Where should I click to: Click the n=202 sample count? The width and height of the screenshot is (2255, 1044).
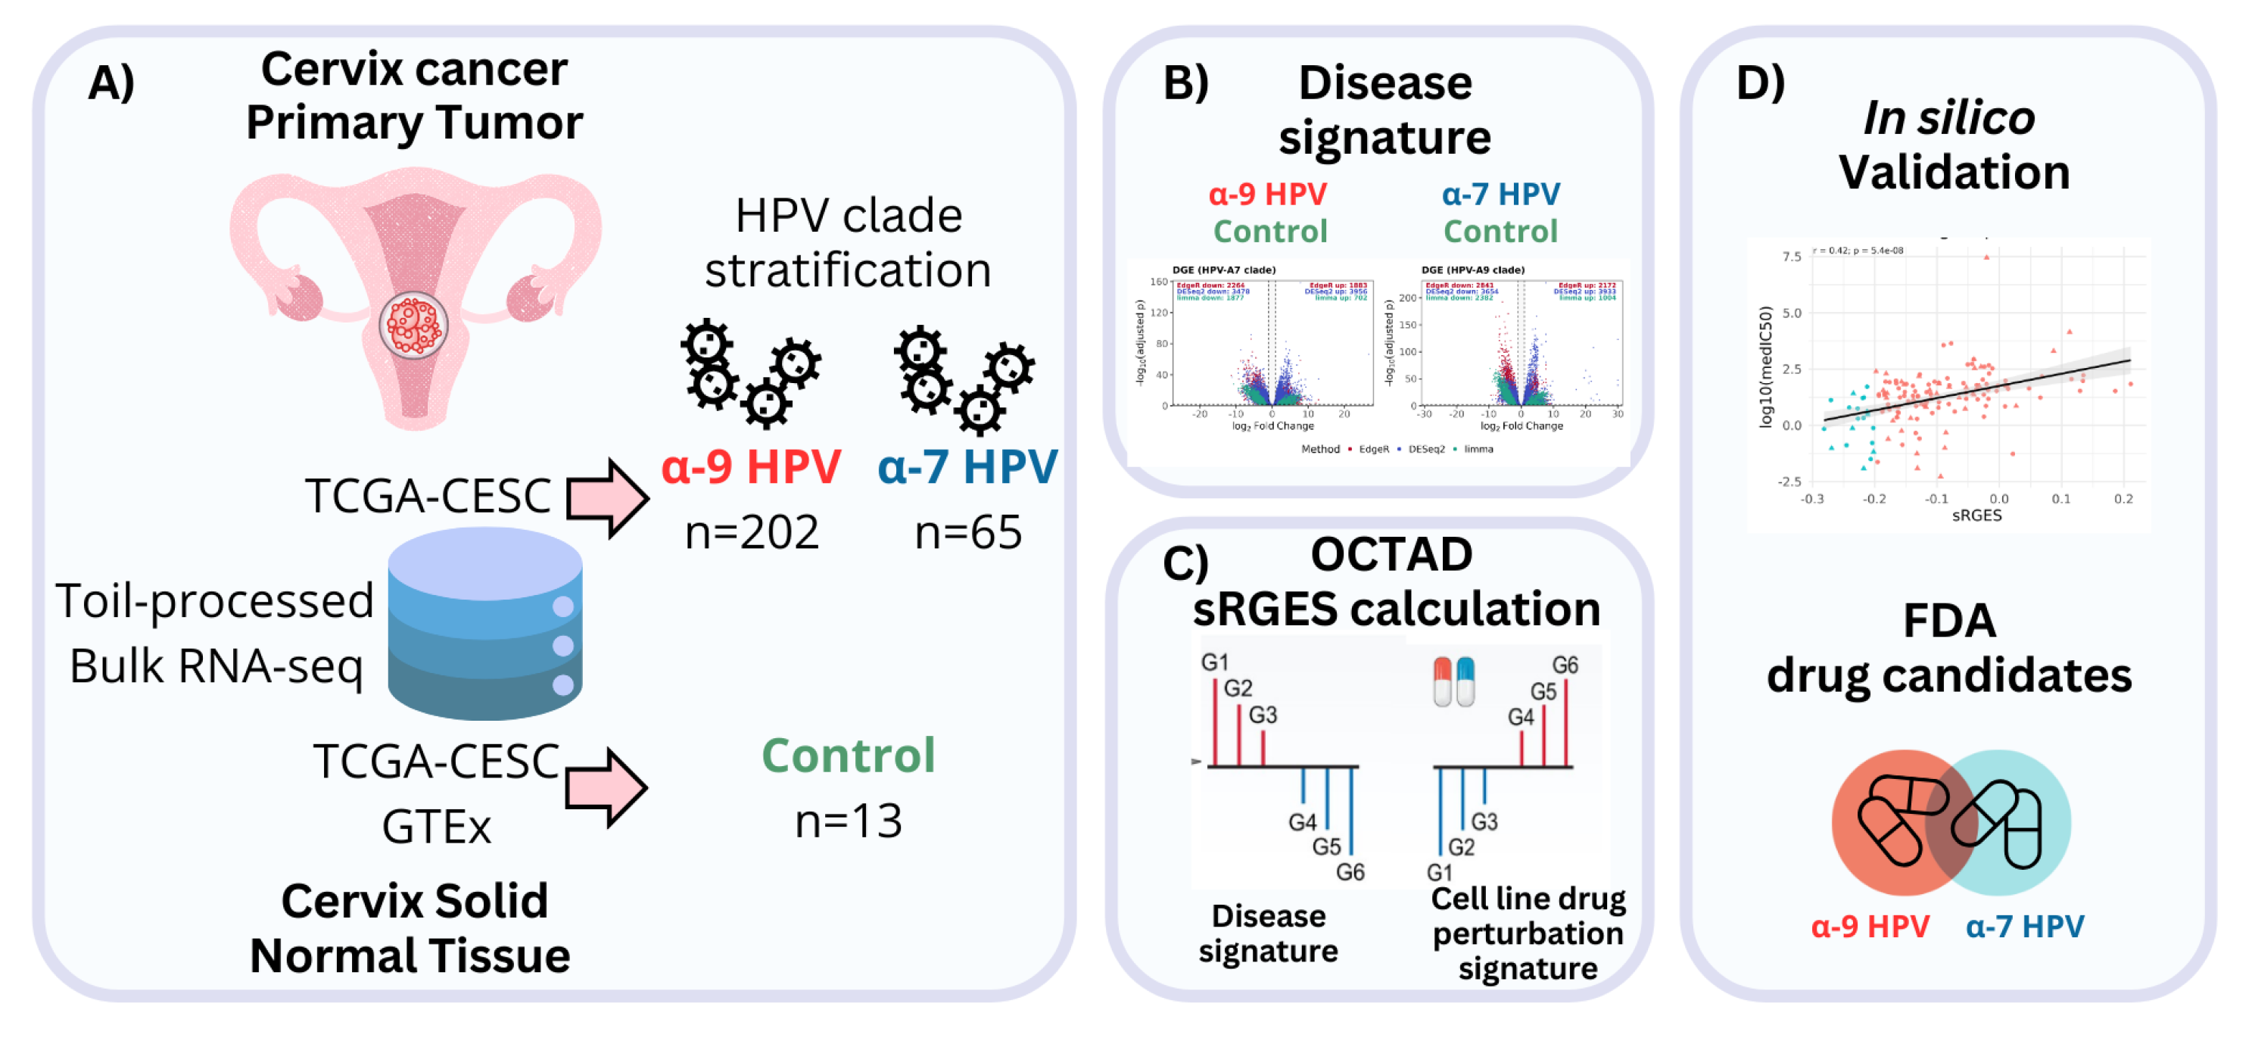(x=751, y=531)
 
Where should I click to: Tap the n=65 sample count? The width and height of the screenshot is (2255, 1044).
(x=967, y=531)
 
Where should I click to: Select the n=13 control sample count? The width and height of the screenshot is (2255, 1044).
(x=847, y=821)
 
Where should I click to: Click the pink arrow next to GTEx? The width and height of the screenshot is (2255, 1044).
(x=606, y=787)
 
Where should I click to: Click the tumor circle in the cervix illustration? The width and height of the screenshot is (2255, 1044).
(x=413, y=325)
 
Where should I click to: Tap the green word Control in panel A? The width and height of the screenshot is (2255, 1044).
(x=847, y=755)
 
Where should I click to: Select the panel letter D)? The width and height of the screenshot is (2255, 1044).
(x=1758, y=83)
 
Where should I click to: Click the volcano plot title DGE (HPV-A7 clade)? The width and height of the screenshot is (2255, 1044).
(x=1223, y=270)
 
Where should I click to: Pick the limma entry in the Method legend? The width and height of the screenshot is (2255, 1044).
(x=1478, y=449)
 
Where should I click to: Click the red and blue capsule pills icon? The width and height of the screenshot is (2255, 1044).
(x=1454, y=681)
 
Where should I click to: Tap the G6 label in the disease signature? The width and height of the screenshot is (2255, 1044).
(x=1350, y=871)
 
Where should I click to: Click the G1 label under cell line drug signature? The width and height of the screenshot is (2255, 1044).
(x=1439, y=872)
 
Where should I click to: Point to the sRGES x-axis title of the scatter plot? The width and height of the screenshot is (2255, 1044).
(x=1976, y=516)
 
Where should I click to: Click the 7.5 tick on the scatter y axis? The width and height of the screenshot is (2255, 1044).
(x=1791, y=257)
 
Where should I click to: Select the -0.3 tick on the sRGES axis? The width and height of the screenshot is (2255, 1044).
(x=1811, y=499)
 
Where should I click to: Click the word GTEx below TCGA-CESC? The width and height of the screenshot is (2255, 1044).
(x=436, y=826)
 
